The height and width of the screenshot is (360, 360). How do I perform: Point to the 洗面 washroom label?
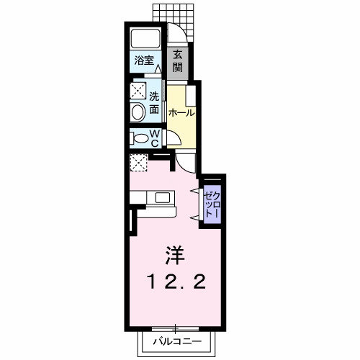coord(155,103)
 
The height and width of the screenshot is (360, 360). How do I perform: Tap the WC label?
coord(155,137)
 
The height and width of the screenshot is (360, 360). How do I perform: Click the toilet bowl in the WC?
coord(139,137)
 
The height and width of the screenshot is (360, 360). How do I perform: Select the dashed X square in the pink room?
coord(138,163)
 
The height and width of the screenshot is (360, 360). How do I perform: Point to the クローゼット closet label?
coord(212,202)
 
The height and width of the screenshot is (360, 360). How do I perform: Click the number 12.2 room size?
coord(177,281)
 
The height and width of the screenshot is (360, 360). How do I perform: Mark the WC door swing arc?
coord(171,140)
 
